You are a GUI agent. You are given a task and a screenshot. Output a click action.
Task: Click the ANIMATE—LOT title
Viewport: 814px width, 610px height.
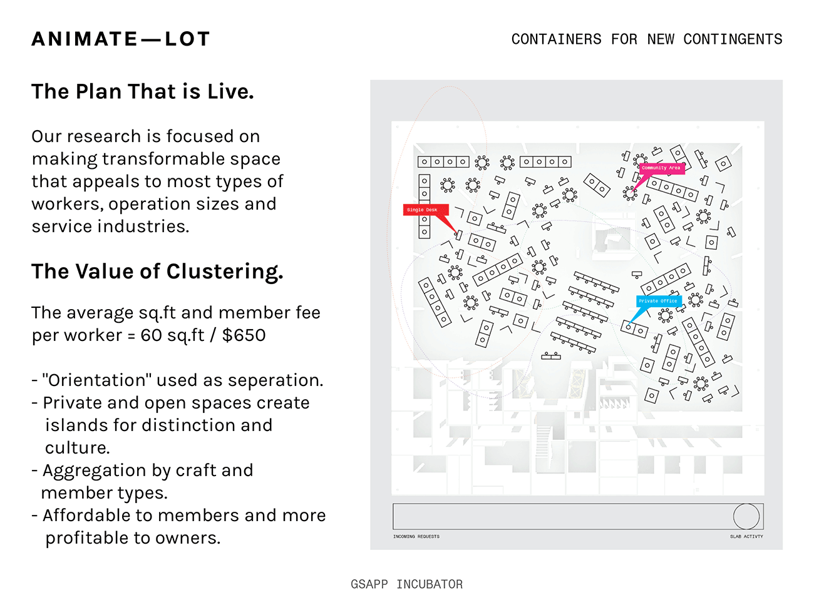(121, 39)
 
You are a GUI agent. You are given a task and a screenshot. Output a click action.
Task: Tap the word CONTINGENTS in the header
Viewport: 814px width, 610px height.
(733, 39)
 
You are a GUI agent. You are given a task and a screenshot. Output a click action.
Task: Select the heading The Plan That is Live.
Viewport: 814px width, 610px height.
(143, 92)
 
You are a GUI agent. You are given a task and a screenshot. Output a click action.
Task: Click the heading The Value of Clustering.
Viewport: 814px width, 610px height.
(157, 272)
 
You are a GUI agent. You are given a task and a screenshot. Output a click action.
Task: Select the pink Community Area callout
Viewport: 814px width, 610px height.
(661, 168)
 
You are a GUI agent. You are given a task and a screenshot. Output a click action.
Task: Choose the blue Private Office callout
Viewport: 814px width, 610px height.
(657, 301)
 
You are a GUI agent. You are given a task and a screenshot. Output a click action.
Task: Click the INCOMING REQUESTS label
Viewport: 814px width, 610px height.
(416, 536)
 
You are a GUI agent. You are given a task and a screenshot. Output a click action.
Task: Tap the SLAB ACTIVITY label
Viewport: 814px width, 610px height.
(746, 536)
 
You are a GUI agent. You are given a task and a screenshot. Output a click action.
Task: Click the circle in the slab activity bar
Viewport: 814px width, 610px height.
(746, 516)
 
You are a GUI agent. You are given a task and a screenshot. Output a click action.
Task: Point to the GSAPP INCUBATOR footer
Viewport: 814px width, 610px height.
(406, 584)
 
